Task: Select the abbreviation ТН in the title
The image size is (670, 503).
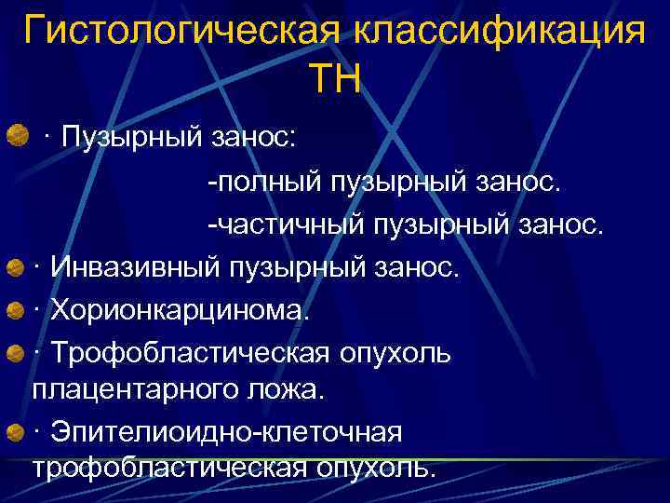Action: [x=335, y=78]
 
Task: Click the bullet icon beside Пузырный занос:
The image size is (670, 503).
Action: [x=16, y=138]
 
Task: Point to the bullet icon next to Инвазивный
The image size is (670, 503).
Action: [x=16, y=268]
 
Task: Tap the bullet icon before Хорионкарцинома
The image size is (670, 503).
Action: [x=16, y=310]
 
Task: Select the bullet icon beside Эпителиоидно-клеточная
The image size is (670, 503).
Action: [x=16, y=431]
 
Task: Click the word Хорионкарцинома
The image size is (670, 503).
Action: [x=177, y=310]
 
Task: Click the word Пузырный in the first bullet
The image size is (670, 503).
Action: [x=131, y=138]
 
